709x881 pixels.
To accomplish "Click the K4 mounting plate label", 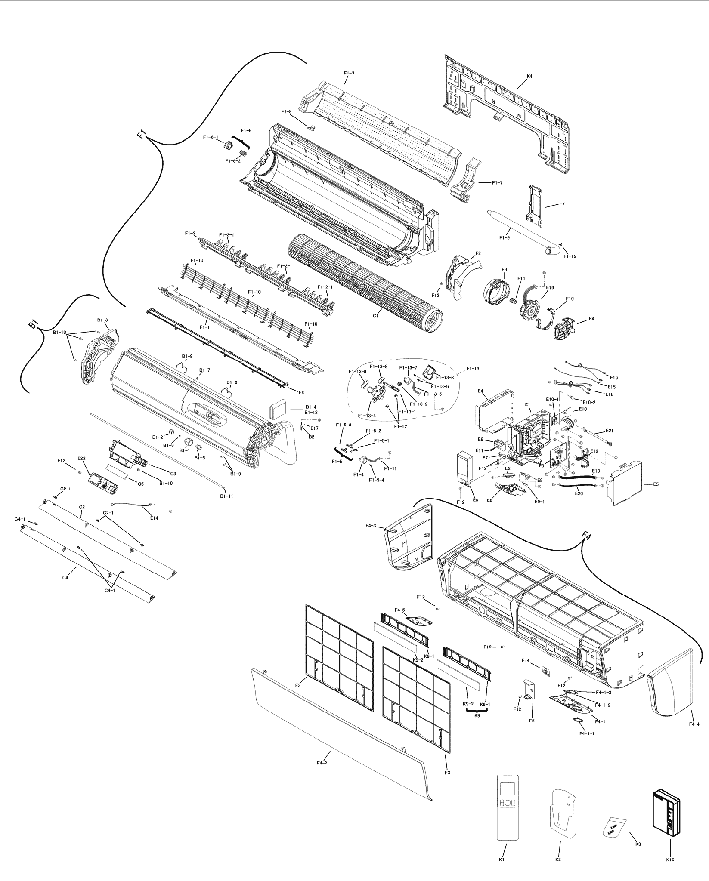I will click(529, 76).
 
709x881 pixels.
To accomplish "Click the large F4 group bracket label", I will click(585, 536).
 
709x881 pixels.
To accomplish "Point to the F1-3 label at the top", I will click(349, 73).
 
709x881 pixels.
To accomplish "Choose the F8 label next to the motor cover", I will click(591, 318).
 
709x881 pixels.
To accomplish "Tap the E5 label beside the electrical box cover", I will click(656, 484).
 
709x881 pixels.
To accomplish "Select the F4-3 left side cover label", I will click(371, 526).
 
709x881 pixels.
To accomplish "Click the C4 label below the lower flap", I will click(65, 578).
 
